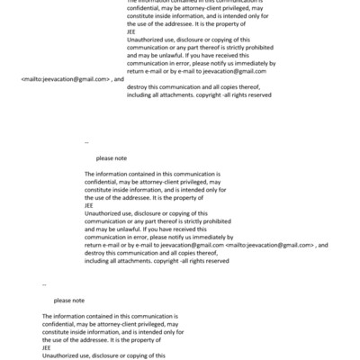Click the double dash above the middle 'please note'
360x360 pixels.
pyautogui.click(x=86, y=142)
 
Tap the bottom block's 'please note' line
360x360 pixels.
pyautogui.click(x=68, y=300)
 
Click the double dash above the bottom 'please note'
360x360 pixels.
pyautogui.click(x=44, y=283)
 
